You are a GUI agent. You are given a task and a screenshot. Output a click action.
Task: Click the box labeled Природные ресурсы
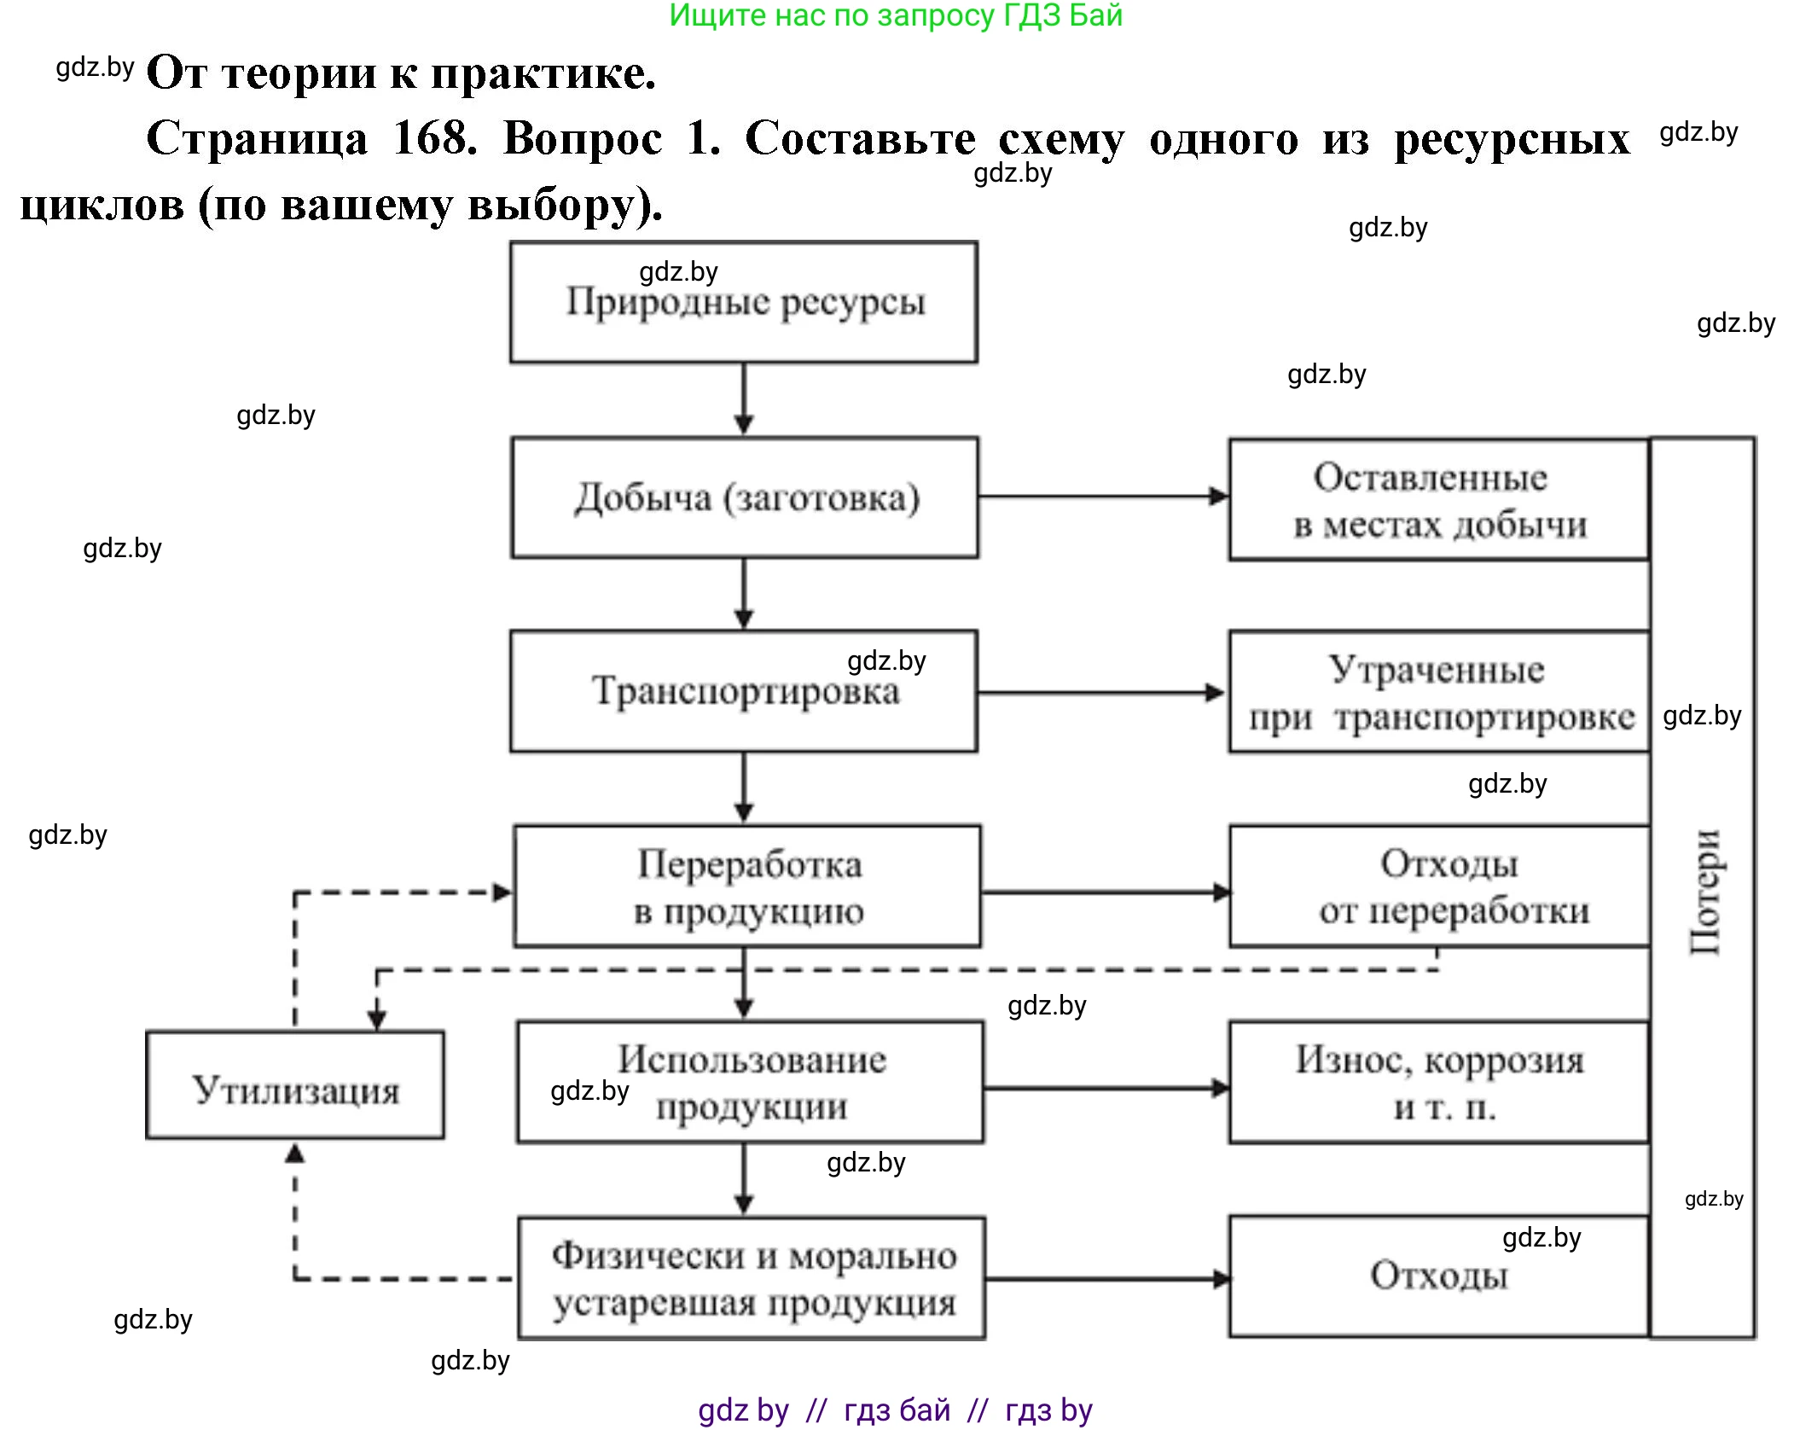click(744, 302)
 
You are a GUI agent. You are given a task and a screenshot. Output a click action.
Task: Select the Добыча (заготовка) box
click(745, 498)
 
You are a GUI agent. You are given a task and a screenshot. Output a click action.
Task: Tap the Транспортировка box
click(744, 691)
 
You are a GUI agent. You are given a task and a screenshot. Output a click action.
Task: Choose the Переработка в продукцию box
click(747, 886)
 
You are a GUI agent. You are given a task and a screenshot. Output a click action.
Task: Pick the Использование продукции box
click(751, 1082)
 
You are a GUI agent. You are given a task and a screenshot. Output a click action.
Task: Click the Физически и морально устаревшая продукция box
click(752, 1278)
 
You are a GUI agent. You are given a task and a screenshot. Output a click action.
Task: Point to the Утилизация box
click(295, 1085)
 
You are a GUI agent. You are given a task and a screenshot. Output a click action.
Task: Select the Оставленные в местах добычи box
click(1438, 500)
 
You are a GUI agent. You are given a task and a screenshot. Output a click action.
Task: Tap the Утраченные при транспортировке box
click(1438, 692)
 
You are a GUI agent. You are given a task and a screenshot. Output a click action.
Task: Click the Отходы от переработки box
click(1438, 886)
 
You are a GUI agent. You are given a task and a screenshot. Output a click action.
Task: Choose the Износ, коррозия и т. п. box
click(1438, 1082)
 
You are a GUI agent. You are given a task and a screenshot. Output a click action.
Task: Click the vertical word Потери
click(1704, 892)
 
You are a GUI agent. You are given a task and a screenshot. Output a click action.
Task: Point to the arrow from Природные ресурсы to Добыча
click(744, 399)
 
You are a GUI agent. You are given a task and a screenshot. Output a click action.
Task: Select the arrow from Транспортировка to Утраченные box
click(1100, 692)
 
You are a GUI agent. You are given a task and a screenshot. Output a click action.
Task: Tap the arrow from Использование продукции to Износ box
click(1106, 1088)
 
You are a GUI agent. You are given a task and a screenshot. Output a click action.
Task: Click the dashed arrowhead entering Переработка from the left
click(502, 892)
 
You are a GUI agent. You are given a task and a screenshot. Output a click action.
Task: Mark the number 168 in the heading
click(435, 138)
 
